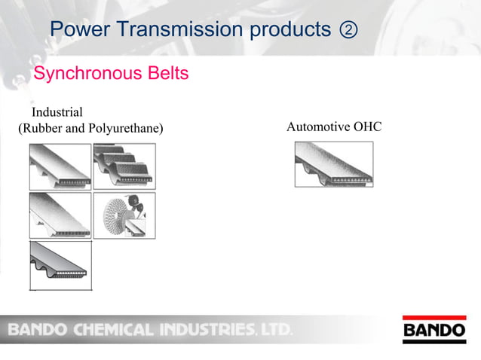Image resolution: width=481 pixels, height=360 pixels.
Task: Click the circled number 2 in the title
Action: pyautogui.click(x=348, y=30)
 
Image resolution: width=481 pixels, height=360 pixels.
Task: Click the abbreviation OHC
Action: pyautogui.click(x=367, y=127)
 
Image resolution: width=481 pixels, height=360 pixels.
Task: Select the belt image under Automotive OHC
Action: pyautogui.click(x=333, y=164)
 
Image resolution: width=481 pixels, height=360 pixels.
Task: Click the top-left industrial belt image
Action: pyautogui.click(x=60, y=166)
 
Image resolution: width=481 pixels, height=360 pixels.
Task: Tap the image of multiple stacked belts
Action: pyautogui.click(x=124, y=166)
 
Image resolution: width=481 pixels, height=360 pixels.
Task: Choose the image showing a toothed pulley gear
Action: pyautogui.click(x=124, y=215)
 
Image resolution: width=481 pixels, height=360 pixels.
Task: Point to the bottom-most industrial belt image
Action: pyautogui.click(x=60, y=264)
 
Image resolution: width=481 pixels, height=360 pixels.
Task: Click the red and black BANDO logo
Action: pyautogui.click(x=435, y=330)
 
